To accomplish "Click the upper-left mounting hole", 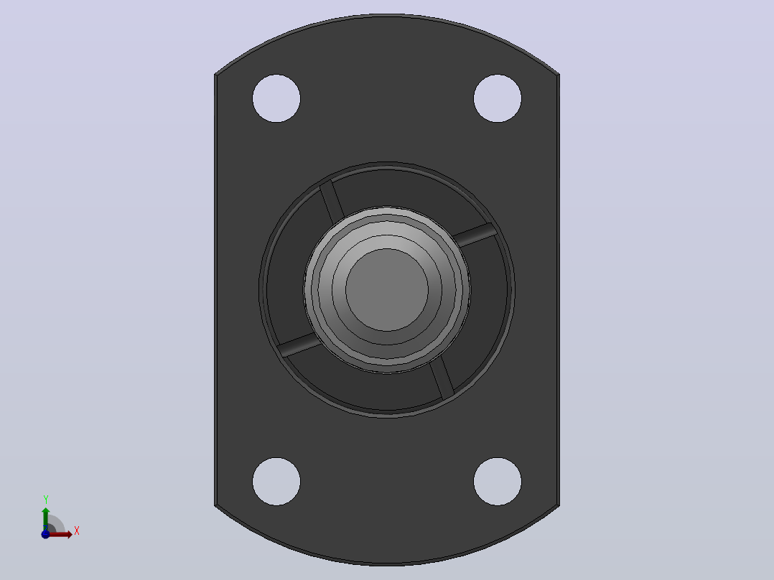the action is [276, 98].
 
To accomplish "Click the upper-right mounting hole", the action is [498, 98].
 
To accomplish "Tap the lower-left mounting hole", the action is [276, 482].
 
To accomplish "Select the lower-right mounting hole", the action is [498, 482].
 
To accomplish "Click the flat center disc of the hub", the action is [387, 290].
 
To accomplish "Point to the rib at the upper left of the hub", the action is [332, 202].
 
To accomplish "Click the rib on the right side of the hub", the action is [475, 235].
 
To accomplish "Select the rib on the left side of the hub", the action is [299, 345].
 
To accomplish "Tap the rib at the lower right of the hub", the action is [442, 378].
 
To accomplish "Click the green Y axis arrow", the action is [46, 519].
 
